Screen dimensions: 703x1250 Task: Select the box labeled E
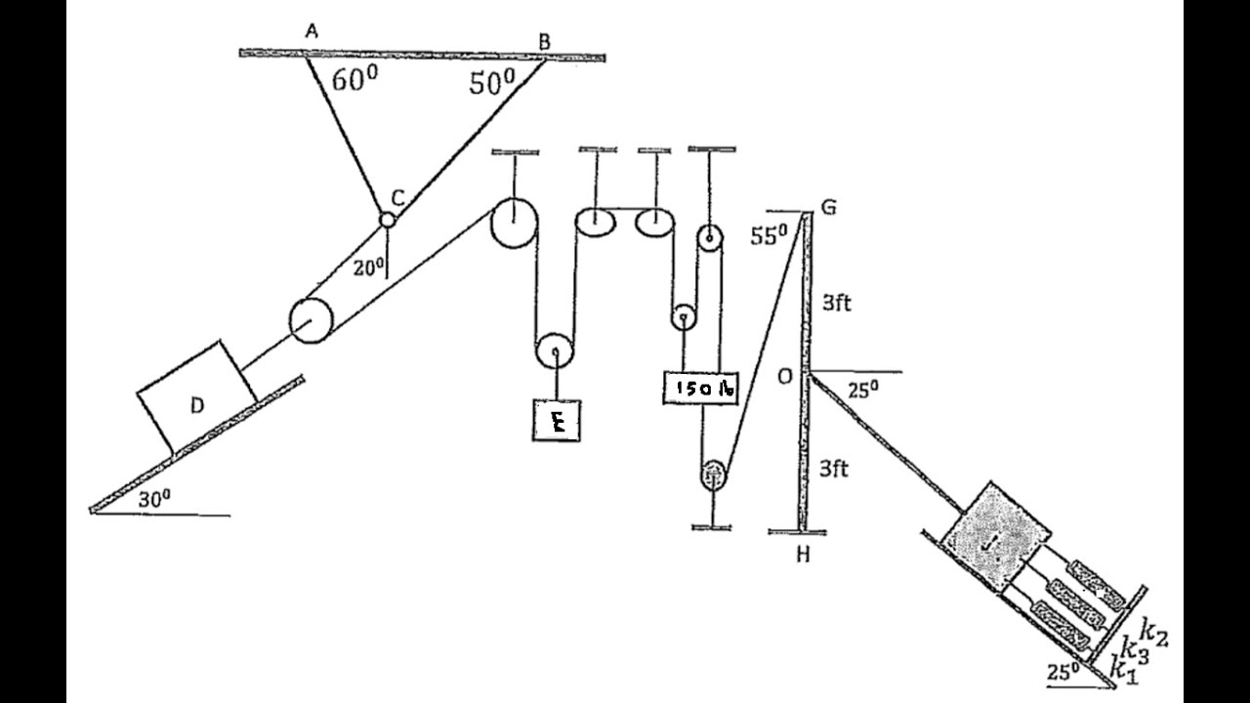pyautogui.click(x=557, y=420)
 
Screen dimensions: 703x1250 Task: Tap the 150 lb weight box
pyautogui.click(x=700, y=388)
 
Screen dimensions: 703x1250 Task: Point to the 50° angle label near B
pyautogui.click(x=491, y=84)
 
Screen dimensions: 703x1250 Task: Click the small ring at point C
pyautogui.click(x=388, y=220)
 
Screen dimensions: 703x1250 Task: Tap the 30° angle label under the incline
pyautogui.click(x=154, y=498)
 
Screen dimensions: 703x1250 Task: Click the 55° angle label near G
pyautogui.click(x=771, y=235)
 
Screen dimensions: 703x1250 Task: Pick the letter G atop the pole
pyautogui.click(x=829, y=207)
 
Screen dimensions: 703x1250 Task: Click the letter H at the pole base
pyautogui.click(x=803, y=556)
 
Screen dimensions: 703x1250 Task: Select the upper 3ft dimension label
pyautogui.click(x=835, y=303)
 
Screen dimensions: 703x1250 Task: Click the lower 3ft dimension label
pyautogui.click(x=833, y=470)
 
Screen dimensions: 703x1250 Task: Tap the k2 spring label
pyautogui.click(x=1154, y=636)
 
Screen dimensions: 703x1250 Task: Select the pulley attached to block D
pyautogui.click(x=312, y=321)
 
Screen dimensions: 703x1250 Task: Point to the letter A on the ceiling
pyautogui.click(x=312, y=31)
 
